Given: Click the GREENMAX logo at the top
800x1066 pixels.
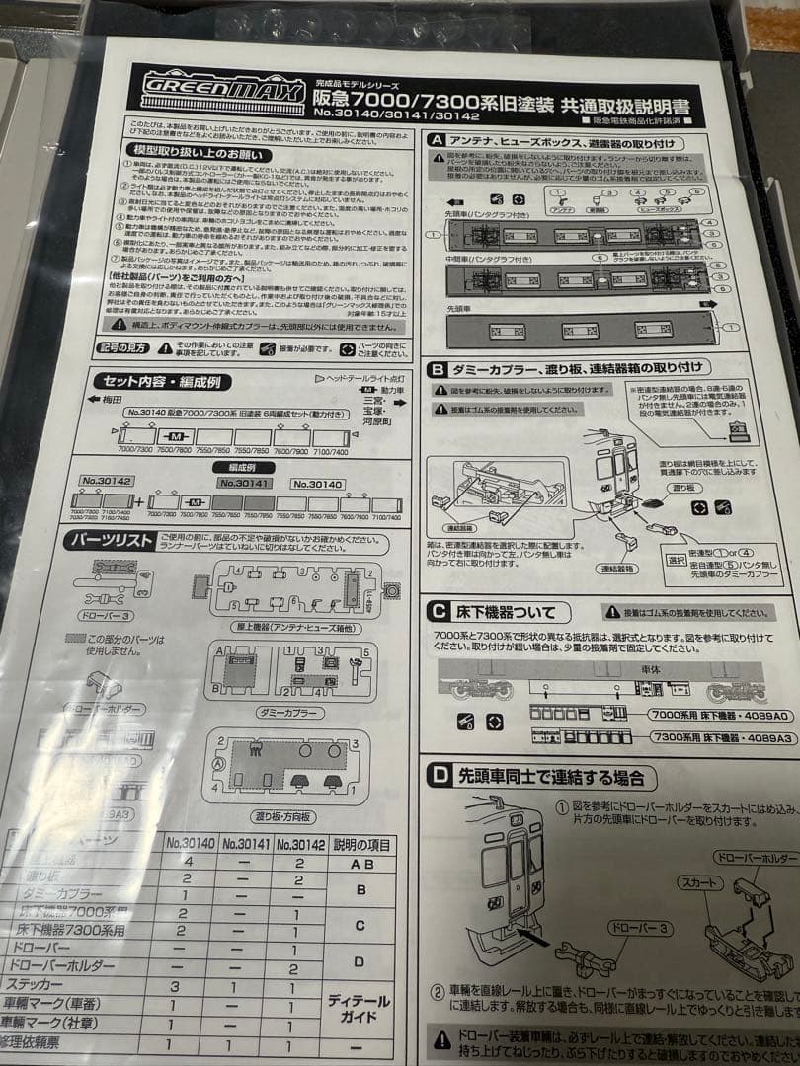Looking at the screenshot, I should click(x=198, y=91).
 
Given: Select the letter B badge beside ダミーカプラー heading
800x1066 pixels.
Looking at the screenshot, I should click(x=437, y=370).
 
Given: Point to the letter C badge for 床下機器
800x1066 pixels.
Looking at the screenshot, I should click(x=438, y=612).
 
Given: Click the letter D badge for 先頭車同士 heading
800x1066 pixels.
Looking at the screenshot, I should click(x=437, y=777).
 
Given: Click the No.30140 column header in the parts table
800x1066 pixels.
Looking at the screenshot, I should click(x=190, y=844).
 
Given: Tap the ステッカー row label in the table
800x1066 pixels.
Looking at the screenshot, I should click(x=47, y=984).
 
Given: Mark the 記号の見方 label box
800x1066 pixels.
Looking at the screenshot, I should click(x=125, y=348).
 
